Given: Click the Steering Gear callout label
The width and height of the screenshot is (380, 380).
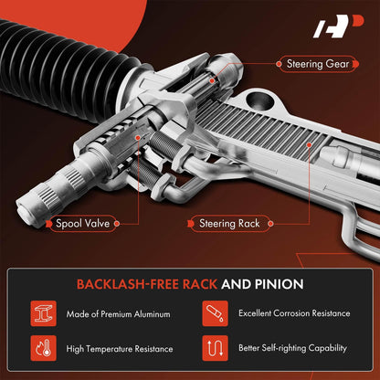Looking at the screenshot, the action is tap(318, 64).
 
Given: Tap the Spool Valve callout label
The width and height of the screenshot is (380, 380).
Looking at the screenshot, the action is tap(82, 224).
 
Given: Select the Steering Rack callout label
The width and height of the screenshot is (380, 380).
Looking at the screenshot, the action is tap(229, 224).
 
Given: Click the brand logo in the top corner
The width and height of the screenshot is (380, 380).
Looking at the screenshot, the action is tap(339, 26).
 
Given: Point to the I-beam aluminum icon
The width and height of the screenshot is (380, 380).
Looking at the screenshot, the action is tap(43, 313).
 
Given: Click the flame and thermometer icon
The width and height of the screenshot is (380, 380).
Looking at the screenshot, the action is tap(43, 348).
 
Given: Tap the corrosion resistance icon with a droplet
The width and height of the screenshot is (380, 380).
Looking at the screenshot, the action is tap(215, 313).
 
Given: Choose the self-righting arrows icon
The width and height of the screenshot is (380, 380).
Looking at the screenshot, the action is tap(215, 348).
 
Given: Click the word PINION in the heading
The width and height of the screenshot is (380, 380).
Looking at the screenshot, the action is tap(279, 284).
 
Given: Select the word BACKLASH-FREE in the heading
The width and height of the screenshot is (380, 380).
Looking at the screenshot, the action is tap(128, 284).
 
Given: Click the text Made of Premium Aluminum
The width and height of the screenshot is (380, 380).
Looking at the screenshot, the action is tap(118, 314).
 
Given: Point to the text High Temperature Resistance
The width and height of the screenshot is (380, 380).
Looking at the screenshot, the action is tap(120, 349).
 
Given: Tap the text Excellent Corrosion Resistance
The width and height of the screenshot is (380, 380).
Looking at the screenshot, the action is tap(294, 313).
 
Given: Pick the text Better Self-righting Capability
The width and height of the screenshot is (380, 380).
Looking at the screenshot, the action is tap(292, 348).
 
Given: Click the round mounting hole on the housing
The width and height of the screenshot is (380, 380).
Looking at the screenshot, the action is tap(259, 100).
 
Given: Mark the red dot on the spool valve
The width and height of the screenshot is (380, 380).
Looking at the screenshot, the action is tap(138, 138).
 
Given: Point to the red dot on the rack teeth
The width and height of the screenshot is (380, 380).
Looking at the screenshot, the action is tap(309, 145).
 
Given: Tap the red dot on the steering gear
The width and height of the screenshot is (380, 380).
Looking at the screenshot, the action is tap(212, 80).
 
